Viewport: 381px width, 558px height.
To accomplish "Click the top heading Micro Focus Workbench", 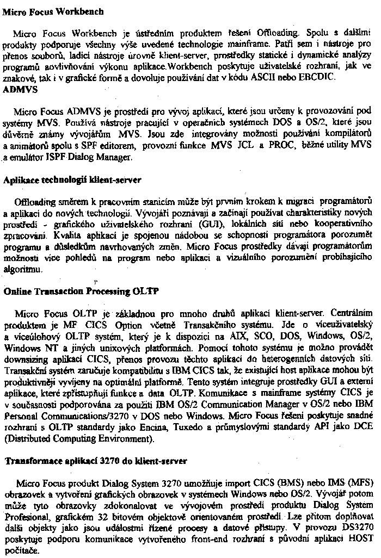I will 46,11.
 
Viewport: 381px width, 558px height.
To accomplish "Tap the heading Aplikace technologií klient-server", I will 72,179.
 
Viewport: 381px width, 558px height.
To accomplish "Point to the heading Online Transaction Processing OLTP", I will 81,291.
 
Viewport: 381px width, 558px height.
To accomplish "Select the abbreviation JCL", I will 294,146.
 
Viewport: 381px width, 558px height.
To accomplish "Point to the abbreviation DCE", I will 359,427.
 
